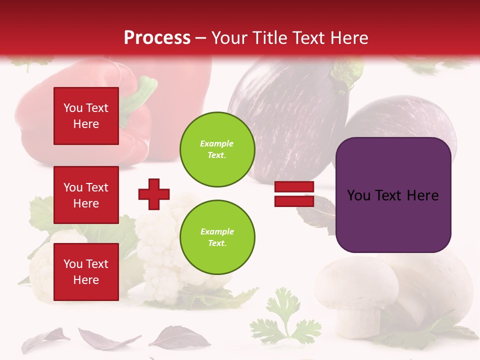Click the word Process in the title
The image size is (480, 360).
click(x=157, y=38)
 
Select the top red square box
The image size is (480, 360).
click(x=86, y=116)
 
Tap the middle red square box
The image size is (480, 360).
click(x=86, y=195)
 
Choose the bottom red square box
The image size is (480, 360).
click(x=86, y=272)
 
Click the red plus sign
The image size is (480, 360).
click(x=154, y=194)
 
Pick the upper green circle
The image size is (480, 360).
click(x=217, y=149)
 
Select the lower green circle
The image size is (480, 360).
click(x=217, y=237)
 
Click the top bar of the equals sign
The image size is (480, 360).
click(x=294, y=187)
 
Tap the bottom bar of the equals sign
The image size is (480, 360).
click(x=294, y=201)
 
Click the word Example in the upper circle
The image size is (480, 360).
click(x=217, y=143)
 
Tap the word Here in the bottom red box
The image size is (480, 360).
click(x=86, y=280)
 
